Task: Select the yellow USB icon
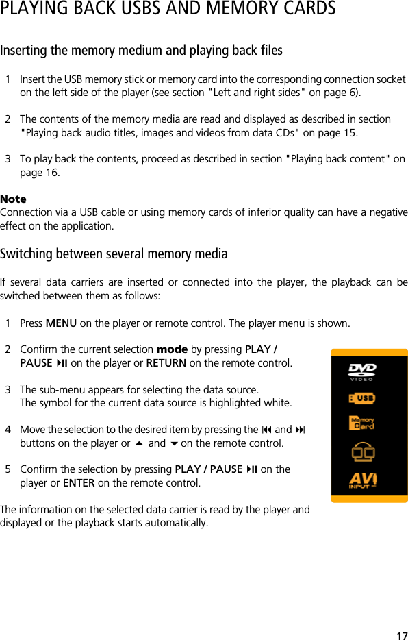pyautogui.click(x=362, y=398)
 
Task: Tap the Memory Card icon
pyautogui.click(x=362, y=423)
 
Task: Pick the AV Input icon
pyautogui.click(x=364, y=480)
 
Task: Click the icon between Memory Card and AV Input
pyautogui.click(x=363, y=452)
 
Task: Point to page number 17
pyautogui.click(x=402, y=635)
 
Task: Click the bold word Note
pyautogui.click(x=13, y=199)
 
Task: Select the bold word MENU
pyautogui.click(x=61, y=323)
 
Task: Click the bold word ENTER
pyautogui.click(x=79, y=483)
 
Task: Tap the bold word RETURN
pyautogui.click(x=166, y=362)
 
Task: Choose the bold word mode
pyautogui.click(x=172, y=349)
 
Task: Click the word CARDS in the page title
pyautogui.click(x=307, y=9)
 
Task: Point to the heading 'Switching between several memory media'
pyautogui.click(x=114, y=254)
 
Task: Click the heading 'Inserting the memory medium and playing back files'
pyautogui.click(x=141, y=51)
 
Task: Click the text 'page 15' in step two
pyautogui.click(x=340, y=132)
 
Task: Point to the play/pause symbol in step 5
pyautogui.click(x=252, y=469)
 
